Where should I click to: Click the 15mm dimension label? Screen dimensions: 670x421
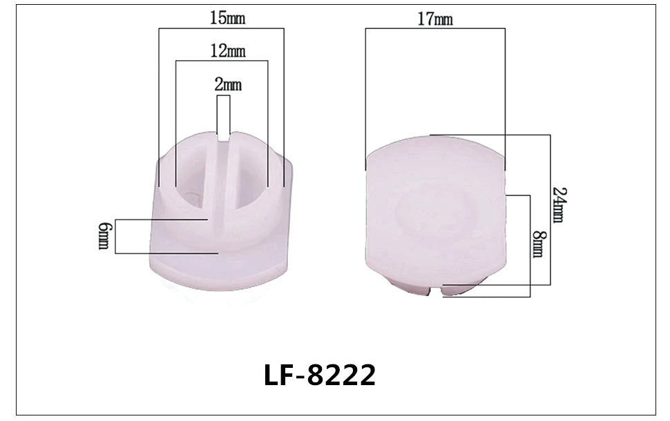[x=227, y=18]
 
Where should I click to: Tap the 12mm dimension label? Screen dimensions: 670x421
[x=228, y=51]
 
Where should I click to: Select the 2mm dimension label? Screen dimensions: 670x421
[x=228, y=84]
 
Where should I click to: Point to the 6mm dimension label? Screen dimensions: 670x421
[x=104, y=236]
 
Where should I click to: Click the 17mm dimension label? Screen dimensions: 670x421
[x=435, y=19]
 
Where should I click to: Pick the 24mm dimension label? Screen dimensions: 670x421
[x=559, y=205]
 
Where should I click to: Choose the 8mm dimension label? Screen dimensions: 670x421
[x=539, y=244]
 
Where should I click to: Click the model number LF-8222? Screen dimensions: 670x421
[x=320, y=375]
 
